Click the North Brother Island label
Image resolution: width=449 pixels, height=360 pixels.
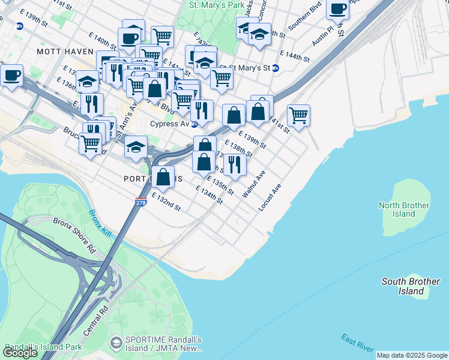point(404,209)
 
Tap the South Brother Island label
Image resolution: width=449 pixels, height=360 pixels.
point(411,286)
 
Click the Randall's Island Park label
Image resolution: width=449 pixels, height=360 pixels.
point(43,347)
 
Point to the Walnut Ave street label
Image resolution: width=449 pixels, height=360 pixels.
point(253,185)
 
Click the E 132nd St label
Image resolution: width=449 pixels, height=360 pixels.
point(166,202)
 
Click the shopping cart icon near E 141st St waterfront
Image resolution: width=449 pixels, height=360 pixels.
point(298,115)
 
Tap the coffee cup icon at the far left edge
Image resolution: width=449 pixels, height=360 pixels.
point(11,76)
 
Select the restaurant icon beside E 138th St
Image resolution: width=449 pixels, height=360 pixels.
point(235,164)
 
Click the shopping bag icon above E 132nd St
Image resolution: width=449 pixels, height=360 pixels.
point(163,176)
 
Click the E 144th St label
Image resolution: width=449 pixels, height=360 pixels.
point(293,58)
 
